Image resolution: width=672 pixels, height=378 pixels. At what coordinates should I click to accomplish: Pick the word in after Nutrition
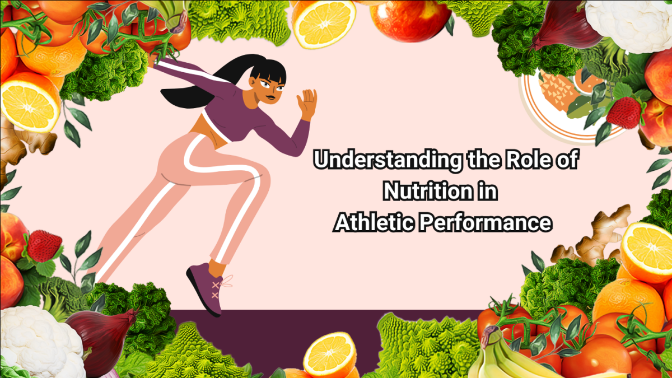[486, 192]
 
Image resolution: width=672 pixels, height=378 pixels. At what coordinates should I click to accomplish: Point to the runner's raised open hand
[307, 104]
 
